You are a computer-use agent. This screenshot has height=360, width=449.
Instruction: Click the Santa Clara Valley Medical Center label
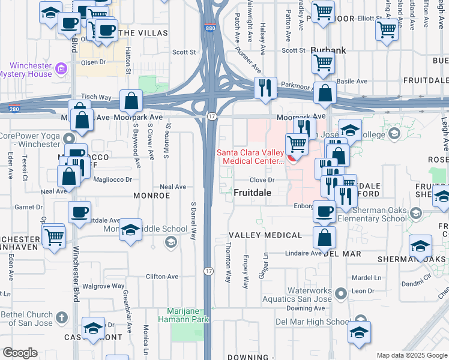(250, 157)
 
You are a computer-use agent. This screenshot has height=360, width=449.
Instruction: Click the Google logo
(20, 353)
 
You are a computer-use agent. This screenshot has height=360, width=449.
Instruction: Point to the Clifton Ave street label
(162, 277)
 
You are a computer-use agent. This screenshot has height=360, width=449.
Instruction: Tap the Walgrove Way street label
(103, 286)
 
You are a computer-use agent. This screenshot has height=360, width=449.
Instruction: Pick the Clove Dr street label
(262, 179)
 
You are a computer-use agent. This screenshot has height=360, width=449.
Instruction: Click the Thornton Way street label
(228, 263)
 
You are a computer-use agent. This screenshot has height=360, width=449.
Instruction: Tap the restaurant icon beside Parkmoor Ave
(265, 88)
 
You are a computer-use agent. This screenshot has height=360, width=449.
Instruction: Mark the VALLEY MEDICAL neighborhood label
(265, 235)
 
